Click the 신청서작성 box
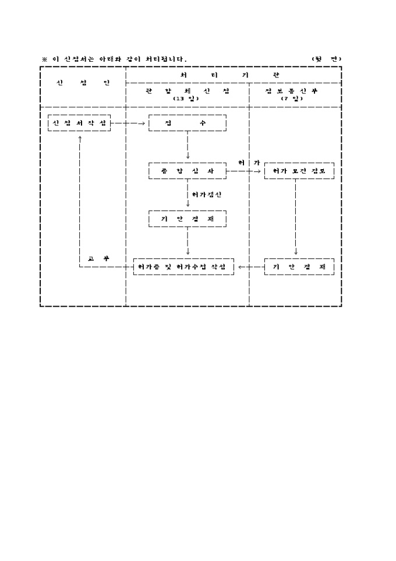click(x=79, y=124)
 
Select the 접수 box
click(x=187, y=124)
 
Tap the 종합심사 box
click(x=187, y=171)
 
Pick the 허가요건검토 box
click(x=299, y=171)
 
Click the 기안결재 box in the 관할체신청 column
click(x=187, y=219)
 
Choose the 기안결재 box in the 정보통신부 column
click(x=299, y=267)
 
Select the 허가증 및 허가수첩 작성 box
click(x=183, y=267)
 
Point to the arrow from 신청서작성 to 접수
click(x=129, y=124)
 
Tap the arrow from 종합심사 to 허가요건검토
click(x=245, y=171)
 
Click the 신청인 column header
click(x=83, y=83)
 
